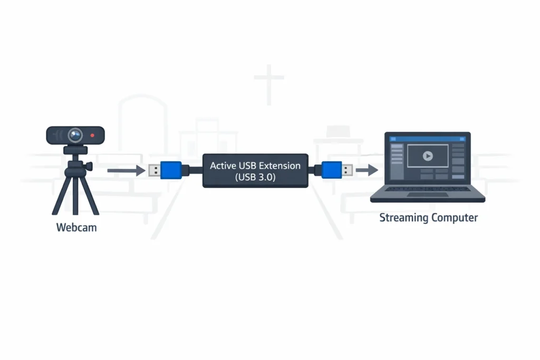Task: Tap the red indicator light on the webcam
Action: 93,135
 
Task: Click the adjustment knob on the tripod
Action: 89,166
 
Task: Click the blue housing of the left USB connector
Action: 171,170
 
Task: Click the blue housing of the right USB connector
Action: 331,170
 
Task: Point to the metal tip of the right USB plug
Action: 348,170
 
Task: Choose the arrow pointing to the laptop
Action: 367,170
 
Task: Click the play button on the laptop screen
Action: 428,156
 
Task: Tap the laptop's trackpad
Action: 428,195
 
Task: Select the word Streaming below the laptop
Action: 403,218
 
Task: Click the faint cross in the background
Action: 269,82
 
